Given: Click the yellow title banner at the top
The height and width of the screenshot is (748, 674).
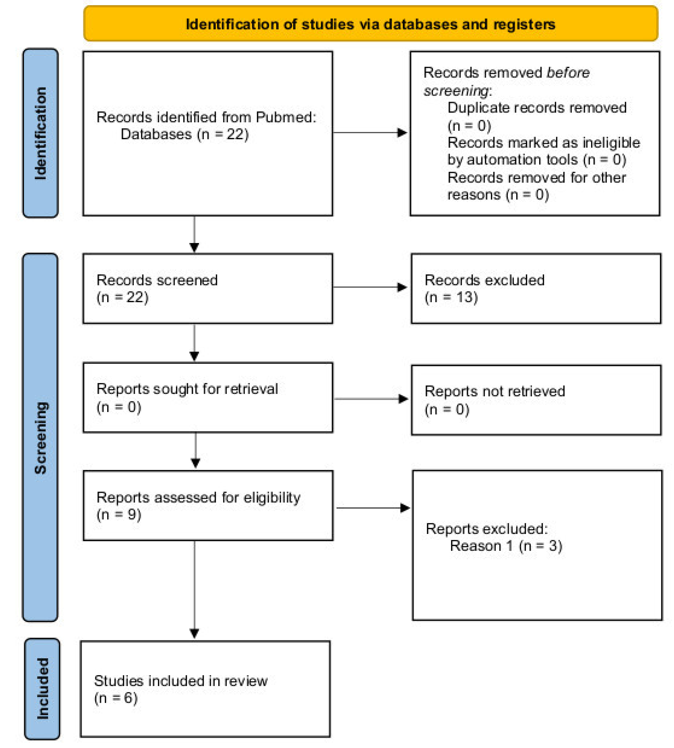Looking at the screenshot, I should tap(370, 24).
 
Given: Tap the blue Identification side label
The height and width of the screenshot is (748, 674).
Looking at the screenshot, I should tap(40, 133).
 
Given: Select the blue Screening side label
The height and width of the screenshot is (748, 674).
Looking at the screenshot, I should tap(40, 437).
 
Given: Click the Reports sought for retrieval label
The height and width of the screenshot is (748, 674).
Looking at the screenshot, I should tap(187, 389).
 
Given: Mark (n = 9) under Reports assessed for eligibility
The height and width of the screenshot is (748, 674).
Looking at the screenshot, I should tap(119, 515).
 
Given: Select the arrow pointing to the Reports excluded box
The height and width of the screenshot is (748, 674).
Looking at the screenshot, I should tap(372, 508).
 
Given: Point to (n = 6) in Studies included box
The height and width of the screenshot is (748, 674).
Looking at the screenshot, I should tap(115, 698).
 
